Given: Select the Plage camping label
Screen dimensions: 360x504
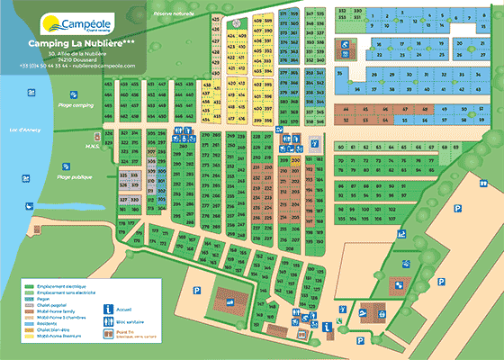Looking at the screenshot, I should tap(76, 106).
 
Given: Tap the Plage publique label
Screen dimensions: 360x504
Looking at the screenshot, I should tap(76, 178).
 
